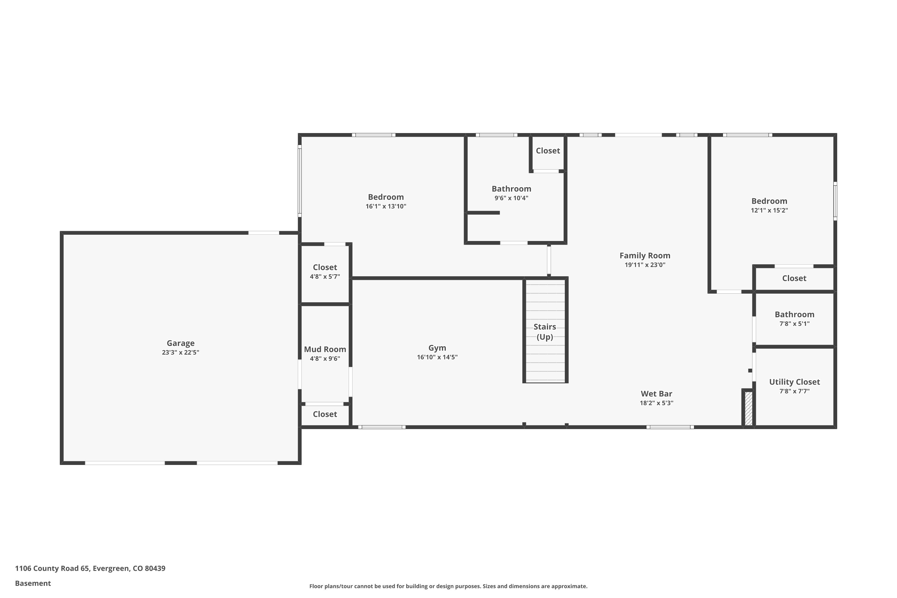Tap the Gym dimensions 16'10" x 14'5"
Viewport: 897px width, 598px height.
pyautogui.click(x=437, y=357)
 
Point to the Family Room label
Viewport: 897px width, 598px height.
pyautogui.click(x=645, y=256)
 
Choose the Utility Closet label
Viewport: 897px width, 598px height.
pyautogui.click(x=794, y=382)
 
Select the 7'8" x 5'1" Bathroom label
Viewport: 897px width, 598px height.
pyautogui.click(x=794, y=314)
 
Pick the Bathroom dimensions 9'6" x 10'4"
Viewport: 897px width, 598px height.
pyautogui.click(x=511, y=198)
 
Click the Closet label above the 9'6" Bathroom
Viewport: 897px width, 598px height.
pyautogui.click(x=548, y=151)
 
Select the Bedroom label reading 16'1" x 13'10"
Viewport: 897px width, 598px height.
pyautogui.click(x=386, y=197)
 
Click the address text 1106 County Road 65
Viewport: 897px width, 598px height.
pyautogui.click(x=90, y=568)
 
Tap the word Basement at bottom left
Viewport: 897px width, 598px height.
pyautogui.click(x=33, y=583)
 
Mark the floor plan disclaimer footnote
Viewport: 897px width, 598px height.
pyautogui.click(x=448, y=586)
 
